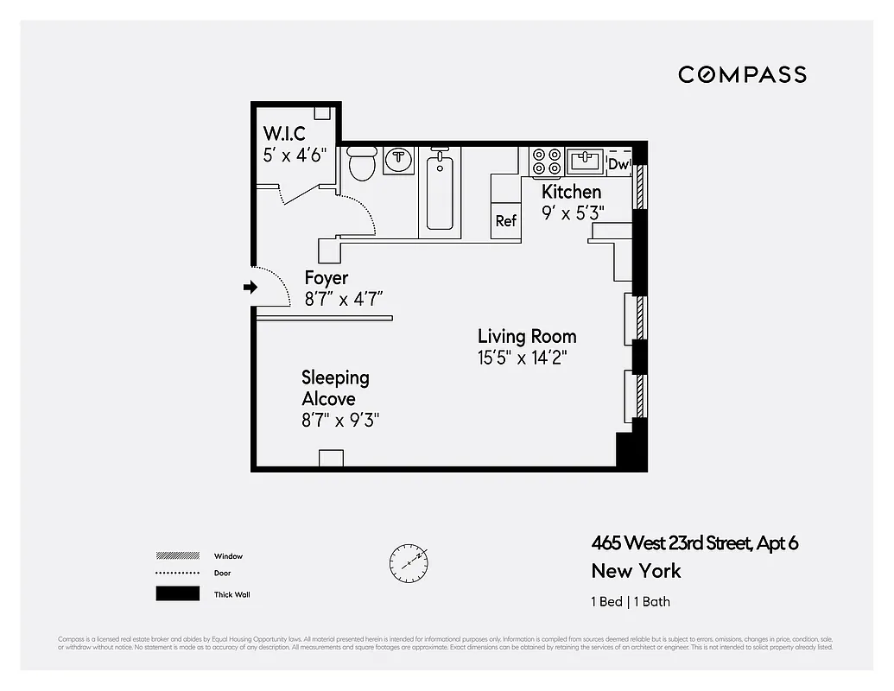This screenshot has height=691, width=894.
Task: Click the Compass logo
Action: (742, 74)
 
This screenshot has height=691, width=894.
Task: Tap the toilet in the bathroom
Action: (362, 162)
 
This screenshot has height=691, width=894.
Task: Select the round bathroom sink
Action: (399, 159)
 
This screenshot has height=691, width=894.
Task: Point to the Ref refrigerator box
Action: (505, 220)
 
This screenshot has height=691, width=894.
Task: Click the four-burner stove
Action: (547, 161)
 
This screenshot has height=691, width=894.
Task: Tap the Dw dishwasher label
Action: (618, 164)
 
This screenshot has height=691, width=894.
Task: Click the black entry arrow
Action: (250, 287)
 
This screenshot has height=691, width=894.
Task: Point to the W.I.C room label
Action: (284, 135)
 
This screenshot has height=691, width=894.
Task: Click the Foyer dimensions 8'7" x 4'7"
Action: (344, 299)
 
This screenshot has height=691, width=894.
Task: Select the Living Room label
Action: (527, 336)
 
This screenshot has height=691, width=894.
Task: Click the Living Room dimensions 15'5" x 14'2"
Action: (523, 357)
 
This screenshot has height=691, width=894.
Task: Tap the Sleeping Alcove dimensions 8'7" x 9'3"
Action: (340, 420)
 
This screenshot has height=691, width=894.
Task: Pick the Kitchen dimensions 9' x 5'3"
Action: (573, 212)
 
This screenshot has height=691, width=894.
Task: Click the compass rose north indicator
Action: (408, 562)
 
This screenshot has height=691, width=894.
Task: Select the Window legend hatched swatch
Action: (177, 555)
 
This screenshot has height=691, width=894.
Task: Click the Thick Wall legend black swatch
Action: (177, 593)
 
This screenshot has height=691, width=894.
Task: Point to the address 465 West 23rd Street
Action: (694, 543)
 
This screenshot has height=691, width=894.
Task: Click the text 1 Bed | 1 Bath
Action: (631, 601)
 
